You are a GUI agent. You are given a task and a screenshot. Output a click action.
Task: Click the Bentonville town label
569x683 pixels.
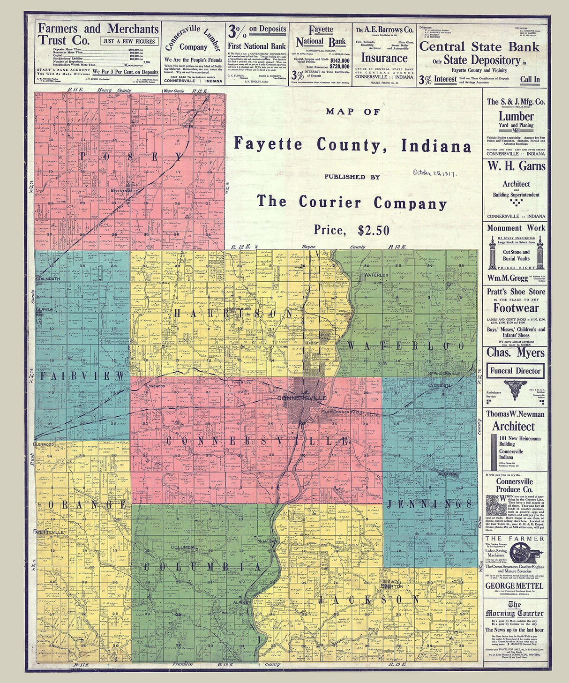click(x=125, y=191)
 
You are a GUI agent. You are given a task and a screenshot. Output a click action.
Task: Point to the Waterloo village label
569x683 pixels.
click(x=376, y=275)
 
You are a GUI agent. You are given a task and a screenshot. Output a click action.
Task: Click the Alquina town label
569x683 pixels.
click(x=447, y=474)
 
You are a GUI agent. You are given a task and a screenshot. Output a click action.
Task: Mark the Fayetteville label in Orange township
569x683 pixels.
click(x=48, y=532)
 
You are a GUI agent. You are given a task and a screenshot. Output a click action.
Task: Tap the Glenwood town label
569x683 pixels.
click(x=44, y=443)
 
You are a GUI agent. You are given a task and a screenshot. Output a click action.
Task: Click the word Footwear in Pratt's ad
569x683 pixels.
click(x=516, y=308)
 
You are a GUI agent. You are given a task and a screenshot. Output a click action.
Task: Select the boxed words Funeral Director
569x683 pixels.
click(x=515, y=371)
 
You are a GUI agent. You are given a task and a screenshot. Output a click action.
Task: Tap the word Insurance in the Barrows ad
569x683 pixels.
click(x=384, y=58)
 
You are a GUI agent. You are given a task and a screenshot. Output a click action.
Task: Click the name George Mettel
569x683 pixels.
click(x=514, y=586)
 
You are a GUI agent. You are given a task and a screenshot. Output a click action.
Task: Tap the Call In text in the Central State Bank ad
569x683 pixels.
click(x=530, y=79)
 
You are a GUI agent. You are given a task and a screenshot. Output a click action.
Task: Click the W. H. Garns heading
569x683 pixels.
click(x=516, y=166)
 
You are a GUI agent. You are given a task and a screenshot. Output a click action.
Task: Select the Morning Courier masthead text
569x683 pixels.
click(x=514, y=610)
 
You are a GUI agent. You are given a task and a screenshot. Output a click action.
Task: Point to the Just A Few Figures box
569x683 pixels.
click(x=129, y=41)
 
